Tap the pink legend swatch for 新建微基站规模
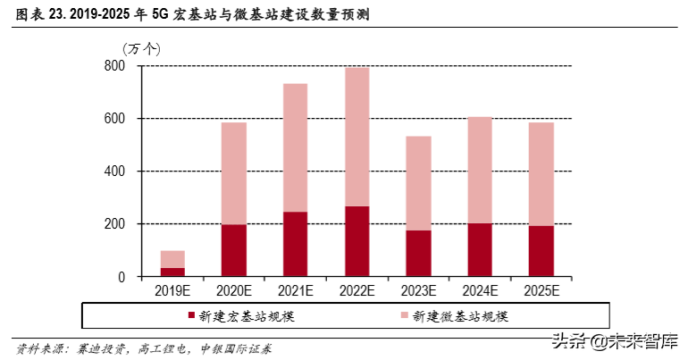tap(405, 315)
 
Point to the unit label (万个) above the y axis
tap(140, 47)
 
